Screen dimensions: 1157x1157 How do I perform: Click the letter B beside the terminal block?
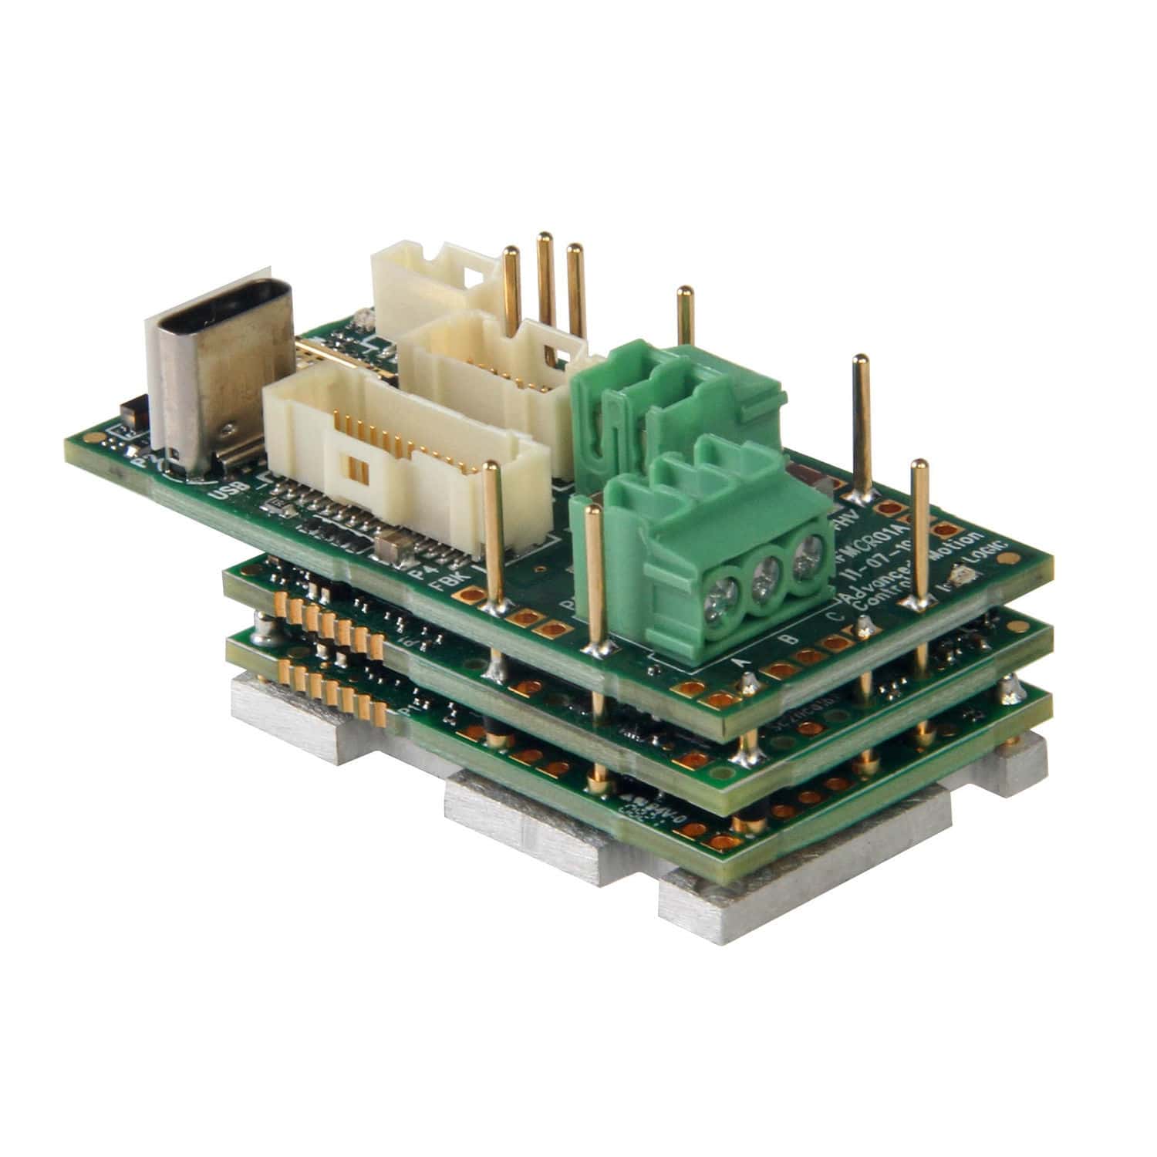pos(784,639)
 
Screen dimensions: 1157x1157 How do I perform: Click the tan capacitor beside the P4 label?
pos(390,545)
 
